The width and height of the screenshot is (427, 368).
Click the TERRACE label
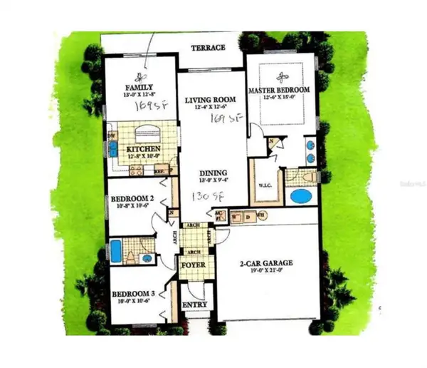[x=209, y=48]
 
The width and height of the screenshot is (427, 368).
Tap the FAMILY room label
[x=135, y=88]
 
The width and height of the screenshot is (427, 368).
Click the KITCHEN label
[x=144, y=149]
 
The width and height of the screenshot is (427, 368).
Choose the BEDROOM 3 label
[x=133, y=293]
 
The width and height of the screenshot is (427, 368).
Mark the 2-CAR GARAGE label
[x=266, y=262]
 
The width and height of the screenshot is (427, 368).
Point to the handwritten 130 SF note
[x=204, y=195]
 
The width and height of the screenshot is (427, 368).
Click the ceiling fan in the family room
[x=139, y=77]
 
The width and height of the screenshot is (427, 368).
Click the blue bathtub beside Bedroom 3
[x=116, y=252]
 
